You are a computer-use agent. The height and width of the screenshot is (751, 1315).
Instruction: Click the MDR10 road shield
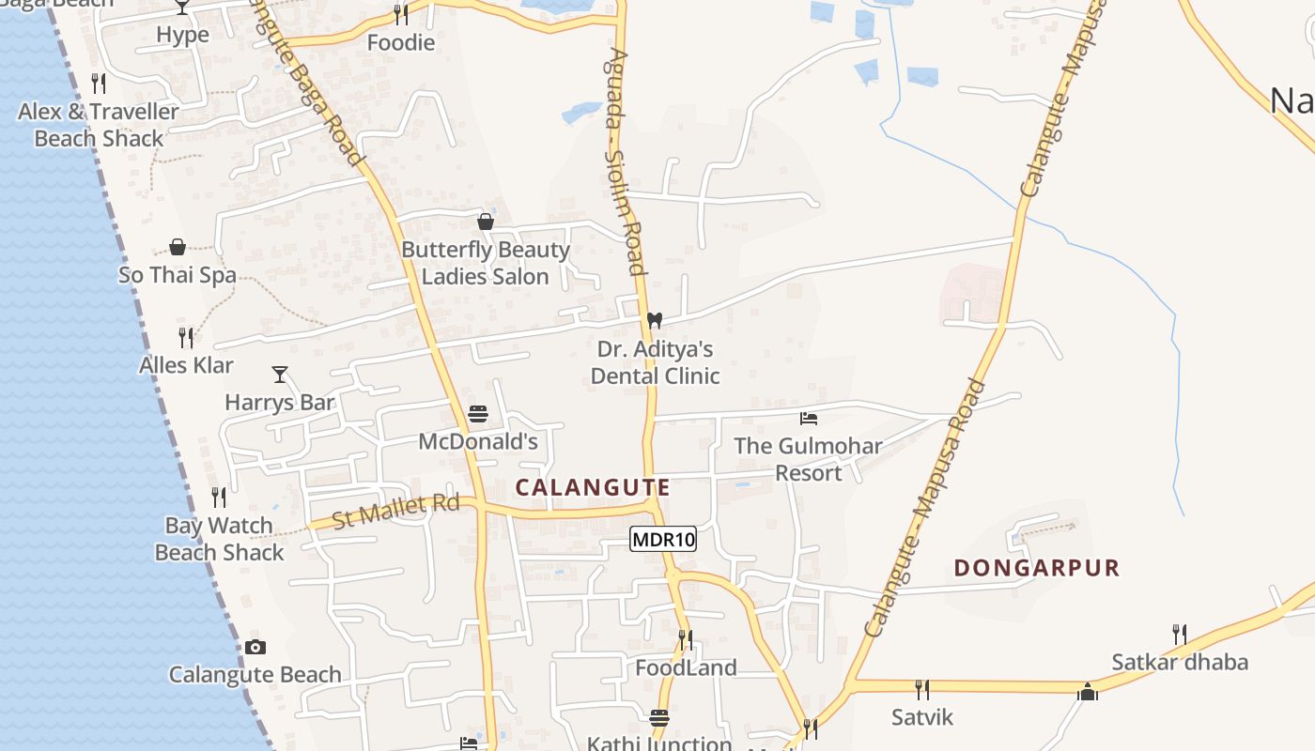663,539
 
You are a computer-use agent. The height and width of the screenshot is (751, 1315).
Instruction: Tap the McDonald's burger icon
478,414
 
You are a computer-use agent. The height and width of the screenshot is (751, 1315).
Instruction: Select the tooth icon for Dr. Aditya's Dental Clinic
655,321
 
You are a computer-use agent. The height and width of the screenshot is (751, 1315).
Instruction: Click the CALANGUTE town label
593,487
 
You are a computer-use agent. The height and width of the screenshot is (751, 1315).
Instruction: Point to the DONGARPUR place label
1037,568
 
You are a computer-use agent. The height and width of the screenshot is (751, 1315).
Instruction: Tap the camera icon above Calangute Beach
255,647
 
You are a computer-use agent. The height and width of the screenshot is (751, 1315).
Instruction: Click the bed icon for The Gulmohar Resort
808,419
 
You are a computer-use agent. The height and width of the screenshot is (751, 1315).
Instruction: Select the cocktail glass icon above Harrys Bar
280,375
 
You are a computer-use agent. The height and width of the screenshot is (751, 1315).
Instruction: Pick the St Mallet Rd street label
395,511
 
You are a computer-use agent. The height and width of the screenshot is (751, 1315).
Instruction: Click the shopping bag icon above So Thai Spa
178,247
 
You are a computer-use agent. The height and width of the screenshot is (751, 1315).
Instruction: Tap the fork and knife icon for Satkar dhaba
1180,635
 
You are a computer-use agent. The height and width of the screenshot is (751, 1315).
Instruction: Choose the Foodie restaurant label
401,42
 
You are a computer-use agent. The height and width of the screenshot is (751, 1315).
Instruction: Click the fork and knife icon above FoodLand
686,640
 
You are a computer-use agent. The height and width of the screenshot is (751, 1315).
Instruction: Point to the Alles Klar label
186,365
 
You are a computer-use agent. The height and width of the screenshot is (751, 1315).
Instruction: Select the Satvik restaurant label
922,717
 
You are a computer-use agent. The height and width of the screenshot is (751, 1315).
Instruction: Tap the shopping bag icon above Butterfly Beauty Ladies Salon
486,222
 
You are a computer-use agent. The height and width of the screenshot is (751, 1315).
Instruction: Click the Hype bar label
182,35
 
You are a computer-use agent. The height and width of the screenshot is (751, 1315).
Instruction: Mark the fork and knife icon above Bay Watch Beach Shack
219,498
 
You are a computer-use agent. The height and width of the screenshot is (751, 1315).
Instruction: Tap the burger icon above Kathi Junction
659,718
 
